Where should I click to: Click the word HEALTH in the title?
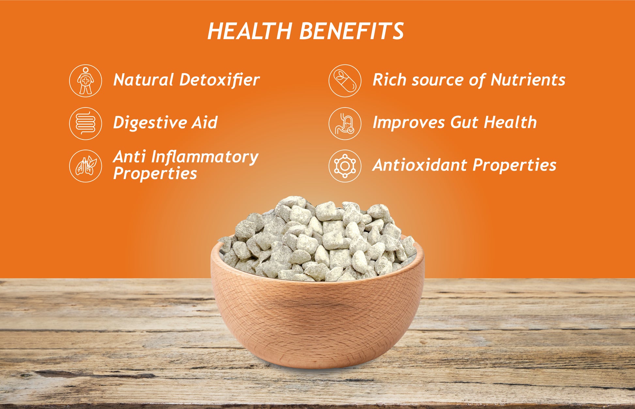pos(250,31)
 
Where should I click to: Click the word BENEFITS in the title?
pos(351,31)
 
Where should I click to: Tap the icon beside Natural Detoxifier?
pos(85,81)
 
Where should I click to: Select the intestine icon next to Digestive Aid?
pos(85,123)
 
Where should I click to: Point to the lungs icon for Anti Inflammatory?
pos(85,166)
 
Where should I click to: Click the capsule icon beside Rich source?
pos(345,81)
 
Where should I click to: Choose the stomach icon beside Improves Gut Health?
pos(345,123)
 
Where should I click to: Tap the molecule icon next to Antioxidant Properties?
pos(345,166)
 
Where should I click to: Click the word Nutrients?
pos(528,80)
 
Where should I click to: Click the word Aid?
pos(204,123)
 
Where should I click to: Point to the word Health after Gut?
pos(510,123)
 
